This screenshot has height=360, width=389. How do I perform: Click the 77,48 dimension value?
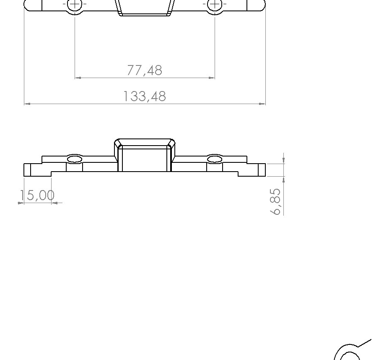tap(145, 70)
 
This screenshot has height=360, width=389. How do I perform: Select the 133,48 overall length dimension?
tap(145, 97)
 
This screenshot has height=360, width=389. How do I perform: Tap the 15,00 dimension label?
tap(37, 195)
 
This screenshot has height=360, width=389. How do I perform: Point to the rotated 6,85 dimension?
tap(275, 201)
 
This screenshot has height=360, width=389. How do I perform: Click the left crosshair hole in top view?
tap(75, 4)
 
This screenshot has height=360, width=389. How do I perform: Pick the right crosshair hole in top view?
tap(215, 4)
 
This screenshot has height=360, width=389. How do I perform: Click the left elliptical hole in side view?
tap(75, 159)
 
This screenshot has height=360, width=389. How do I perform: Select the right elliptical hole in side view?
tap(215, 159)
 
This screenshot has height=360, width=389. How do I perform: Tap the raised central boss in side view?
tap(145, 155)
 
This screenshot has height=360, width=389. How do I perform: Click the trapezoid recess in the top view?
tap(145, 8)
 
